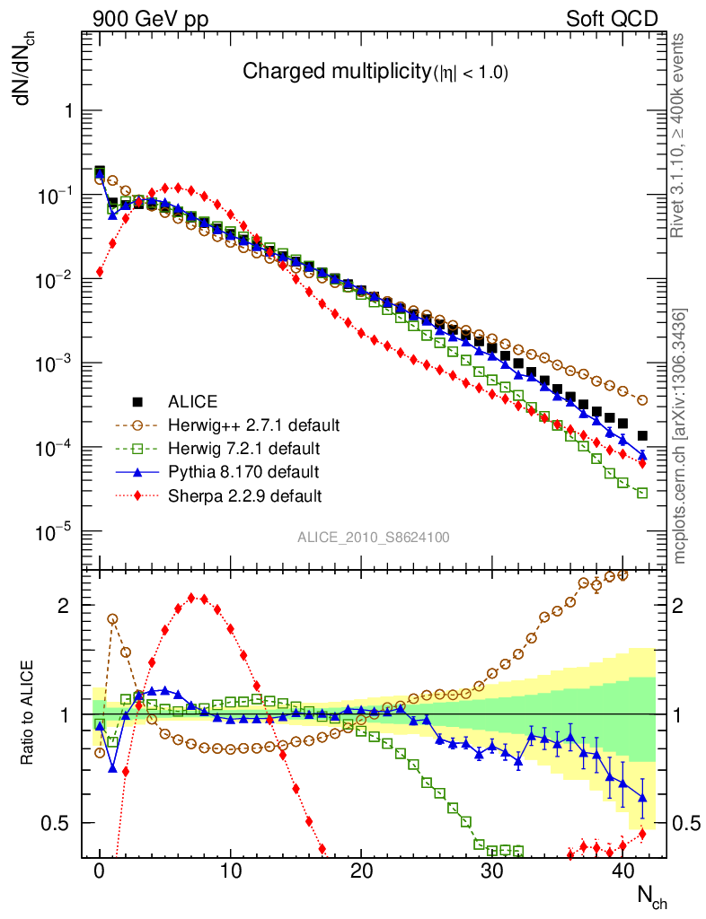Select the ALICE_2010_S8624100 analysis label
(374, 538)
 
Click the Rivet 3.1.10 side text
(679, 135)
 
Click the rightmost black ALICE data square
(642, 435)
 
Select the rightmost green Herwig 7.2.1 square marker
(642, 493)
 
